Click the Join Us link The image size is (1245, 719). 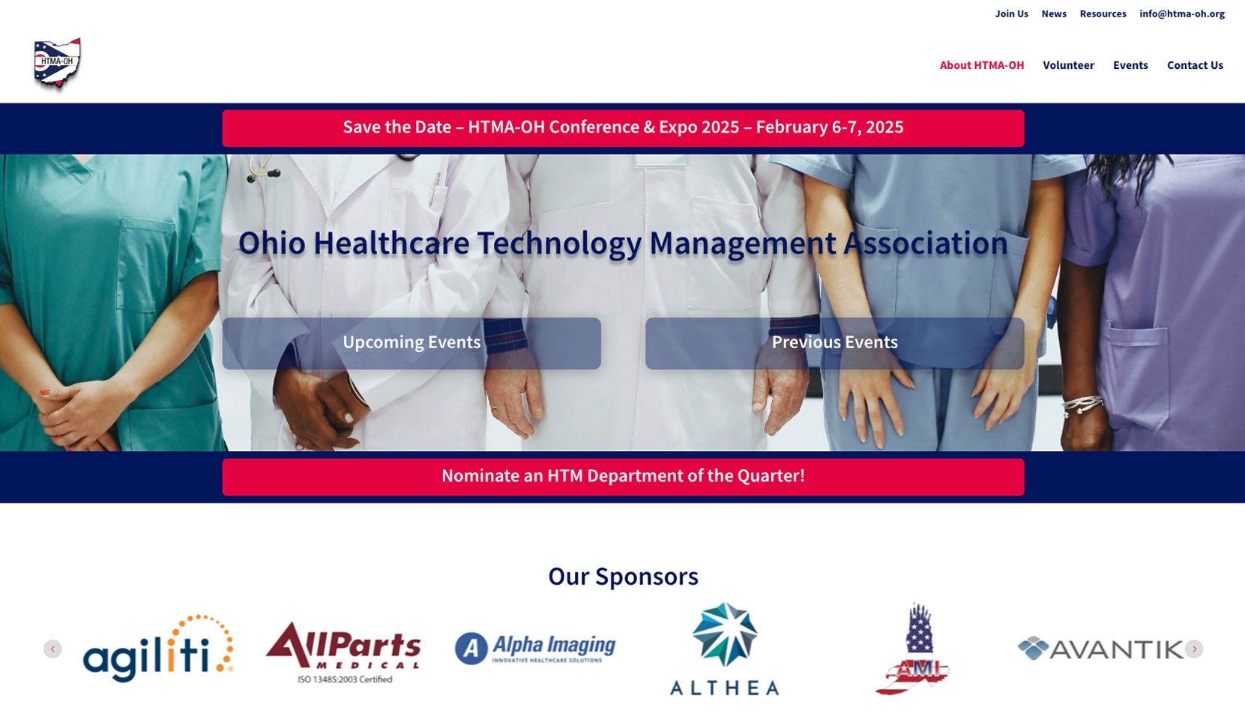(1012, 14)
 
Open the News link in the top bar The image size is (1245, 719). (1054, 14)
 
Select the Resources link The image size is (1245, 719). (1103, 14)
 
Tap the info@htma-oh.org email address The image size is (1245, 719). (1181, 14)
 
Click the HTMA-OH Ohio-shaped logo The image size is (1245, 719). (57, 64)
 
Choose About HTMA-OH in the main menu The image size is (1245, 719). (982, 65)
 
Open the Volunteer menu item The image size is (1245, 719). (1068, 65)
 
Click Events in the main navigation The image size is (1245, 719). (1130, 65)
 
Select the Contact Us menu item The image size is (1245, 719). (1195, 65)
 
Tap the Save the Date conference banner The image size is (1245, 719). (623, 128)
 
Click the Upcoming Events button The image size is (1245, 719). (412, 343)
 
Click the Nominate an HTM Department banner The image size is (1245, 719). (623, 477)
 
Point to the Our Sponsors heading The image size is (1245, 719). (623, 576)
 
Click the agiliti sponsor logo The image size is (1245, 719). (158, 648)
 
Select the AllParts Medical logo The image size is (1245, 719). (343, 652)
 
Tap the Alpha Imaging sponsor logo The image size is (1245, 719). (535, 648)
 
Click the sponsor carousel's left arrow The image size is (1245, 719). (52, 649)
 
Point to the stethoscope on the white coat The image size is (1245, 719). (263, 168)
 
